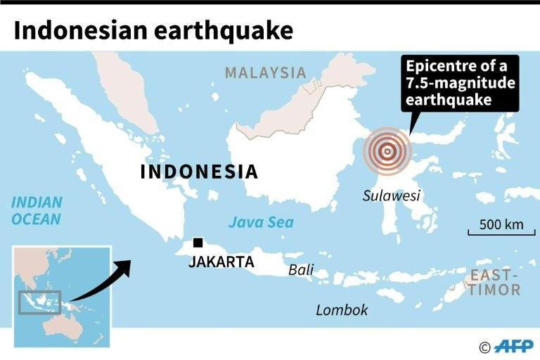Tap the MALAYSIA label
coord(266,72)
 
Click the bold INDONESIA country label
coord(199,172)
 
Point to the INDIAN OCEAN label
coord(36,210)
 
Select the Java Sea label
coord(261,223)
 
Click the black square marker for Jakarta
coord(199,243)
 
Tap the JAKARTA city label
coord(221,262)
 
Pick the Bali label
coord(301,270)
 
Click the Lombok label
coord(342,309)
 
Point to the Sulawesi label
coord(391,195)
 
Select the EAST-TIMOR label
coord(495,282)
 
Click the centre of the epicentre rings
coord(386,150)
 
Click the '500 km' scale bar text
coord(502,225)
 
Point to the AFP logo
coord(514,346)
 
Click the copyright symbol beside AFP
coord(484,347)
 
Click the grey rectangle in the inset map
coord(39,302)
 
